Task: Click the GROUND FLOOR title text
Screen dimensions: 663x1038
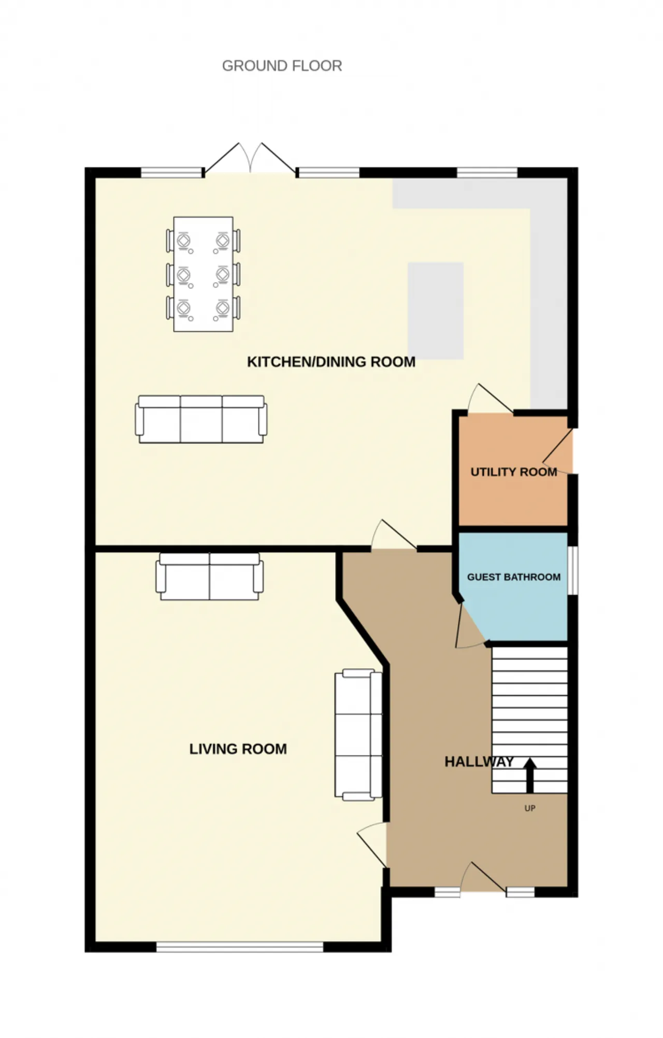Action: [282, 66]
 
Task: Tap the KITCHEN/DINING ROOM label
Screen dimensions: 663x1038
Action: [331, 361]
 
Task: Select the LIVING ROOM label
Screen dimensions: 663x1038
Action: [238, 749]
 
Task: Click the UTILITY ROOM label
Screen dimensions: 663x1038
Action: [514, 472]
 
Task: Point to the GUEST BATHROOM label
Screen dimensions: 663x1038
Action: [514, 577]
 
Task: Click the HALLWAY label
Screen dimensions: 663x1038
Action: [479, 762]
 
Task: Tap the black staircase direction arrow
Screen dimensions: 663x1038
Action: [529, 775]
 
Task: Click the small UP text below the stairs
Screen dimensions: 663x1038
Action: [530, 808]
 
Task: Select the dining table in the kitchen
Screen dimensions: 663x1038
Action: [203, 274]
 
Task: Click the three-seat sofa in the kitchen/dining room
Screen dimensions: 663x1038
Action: [201, 419]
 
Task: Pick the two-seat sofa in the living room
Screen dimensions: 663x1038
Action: [209, 576]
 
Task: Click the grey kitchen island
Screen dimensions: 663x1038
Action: [436, 311]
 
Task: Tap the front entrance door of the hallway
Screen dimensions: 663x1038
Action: [483, 877]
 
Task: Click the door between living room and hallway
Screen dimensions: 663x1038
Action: [372, 845]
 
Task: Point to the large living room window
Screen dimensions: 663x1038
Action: [240, 947]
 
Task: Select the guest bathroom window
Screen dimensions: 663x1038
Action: [572, 570]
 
